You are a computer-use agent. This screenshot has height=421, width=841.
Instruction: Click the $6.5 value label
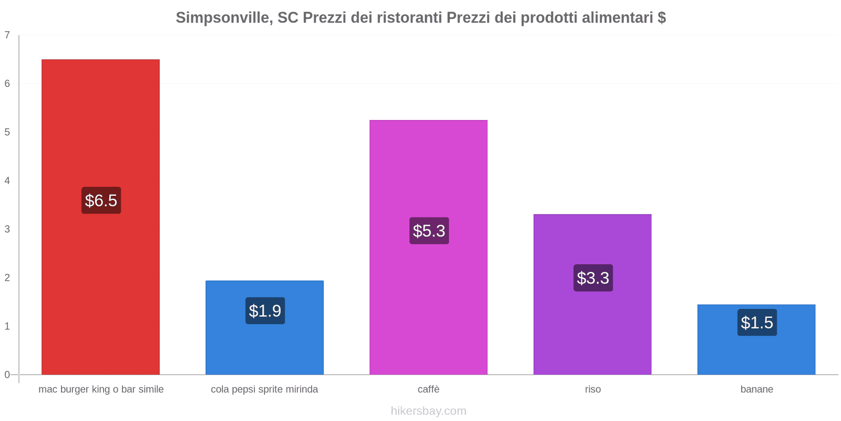[101, 201]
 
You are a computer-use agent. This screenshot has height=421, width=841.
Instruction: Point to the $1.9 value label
[265, 311]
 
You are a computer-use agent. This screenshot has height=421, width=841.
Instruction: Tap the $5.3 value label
[429, 231]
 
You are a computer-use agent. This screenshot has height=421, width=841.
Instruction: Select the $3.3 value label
[593, 278]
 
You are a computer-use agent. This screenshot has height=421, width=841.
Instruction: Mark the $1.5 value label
[757, 323]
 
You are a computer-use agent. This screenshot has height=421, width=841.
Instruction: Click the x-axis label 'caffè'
[428, 389]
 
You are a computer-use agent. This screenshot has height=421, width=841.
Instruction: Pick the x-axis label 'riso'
[593, 389]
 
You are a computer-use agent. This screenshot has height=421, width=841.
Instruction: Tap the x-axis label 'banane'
[757, 389]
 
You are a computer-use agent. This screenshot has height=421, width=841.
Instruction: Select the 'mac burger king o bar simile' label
[101, 389]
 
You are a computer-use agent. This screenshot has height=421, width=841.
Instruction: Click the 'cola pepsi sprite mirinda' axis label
[264, 389]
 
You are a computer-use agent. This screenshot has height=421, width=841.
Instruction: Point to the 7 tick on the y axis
[7, 35]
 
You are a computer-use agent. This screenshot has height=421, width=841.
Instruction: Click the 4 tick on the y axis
[7, 181]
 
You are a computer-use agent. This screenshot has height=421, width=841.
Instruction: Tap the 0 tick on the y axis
[7, 375]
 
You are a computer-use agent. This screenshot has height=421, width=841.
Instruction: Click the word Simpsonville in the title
[223, 18]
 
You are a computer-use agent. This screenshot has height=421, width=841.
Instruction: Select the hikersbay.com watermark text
[428, 411]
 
